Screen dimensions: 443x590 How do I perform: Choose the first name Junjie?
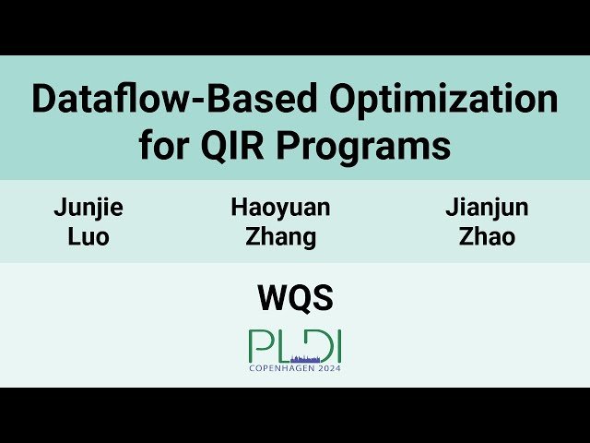(88, 208)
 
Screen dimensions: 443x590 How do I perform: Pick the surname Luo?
(88, 237)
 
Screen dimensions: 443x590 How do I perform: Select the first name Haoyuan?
(280, 208)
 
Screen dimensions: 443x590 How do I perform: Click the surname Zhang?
(280, 238)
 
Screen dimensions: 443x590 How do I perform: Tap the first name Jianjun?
(487, 208)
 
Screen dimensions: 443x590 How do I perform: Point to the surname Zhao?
(487, 237)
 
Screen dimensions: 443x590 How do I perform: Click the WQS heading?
(295, 298)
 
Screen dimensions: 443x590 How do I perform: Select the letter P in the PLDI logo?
(258, 346)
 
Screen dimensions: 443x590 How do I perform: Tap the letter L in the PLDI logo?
(281, 346)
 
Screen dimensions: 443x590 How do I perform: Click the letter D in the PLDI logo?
(319, 346)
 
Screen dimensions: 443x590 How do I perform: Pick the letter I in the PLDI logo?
(338, 346)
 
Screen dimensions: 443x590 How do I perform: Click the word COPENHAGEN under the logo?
(282, 367)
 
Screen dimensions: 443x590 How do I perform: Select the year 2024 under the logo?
(329, 367)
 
